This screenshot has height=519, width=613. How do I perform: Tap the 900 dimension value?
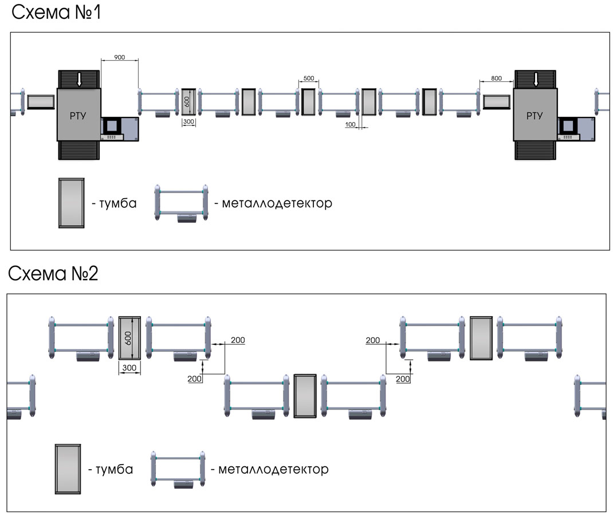click(x=119, y=57)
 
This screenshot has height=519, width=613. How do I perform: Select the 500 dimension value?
click(x=308, y=78)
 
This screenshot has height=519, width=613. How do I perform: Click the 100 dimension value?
click(x=351, y=124)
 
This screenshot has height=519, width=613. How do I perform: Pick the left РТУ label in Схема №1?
click(x=78, y=116)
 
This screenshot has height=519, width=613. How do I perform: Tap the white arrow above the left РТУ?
click(x=79, y=80)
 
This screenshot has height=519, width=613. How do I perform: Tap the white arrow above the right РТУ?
click(x=536, y=80)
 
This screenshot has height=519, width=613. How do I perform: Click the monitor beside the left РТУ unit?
click(x=111, y=125)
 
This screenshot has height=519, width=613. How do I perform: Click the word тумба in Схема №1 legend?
click(x=113, y=203)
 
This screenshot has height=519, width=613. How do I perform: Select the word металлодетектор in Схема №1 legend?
click(x=273, y=203)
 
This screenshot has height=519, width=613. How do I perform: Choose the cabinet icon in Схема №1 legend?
click(x=72, y=203)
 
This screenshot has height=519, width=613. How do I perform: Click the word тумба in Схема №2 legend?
click(x=110, y=469)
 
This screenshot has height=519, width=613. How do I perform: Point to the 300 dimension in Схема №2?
click(x=129, y=369)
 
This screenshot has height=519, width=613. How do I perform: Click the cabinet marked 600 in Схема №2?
click(x=129, y=337)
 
